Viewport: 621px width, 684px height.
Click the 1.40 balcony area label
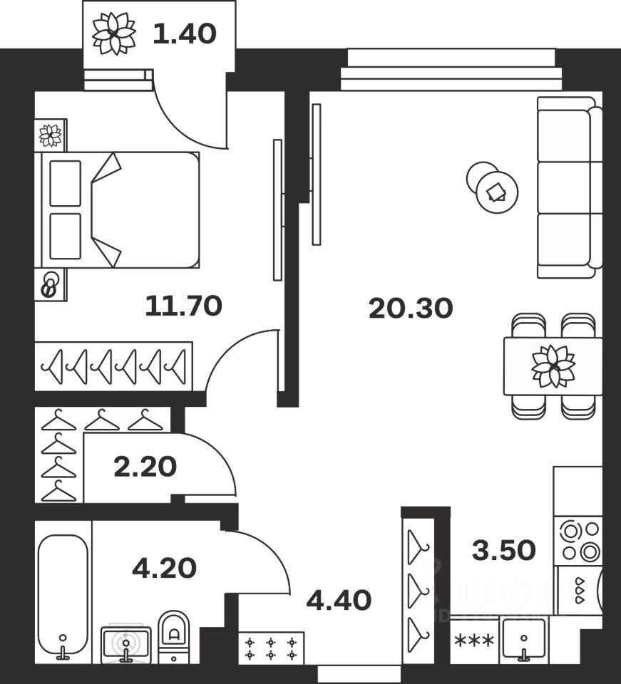(x=184, y=33)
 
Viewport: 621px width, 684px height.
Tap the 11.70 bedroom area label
(x=183, y=306)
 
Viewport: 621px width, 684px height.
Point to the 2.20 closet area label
(x=145, y=467)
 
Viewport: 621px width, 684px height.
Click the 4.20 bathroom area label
(x=164, y=568)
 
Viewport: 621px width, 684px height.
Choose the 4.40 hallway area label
(x=339, y=600)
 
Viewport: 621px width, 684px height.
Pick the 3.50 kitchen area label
(x=503, y=549)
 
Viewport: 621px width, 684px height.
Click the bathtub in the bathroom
(x=63, y=594)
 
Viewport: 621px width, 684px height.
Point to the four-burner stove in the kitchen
(x=578, y=541)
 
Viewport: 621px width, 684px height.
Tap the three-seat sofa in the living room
(x=567, y=187)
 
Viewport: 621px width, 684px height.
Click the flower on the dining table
(x=553, y=366)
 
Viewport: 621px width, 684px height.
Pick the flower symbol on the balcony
(x=113, y=33)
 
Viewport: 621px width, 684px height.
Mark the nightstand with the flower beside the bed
(x=50, y=135)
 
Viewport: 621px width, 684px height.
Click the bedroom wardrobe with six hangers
(x=113, y=366)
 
